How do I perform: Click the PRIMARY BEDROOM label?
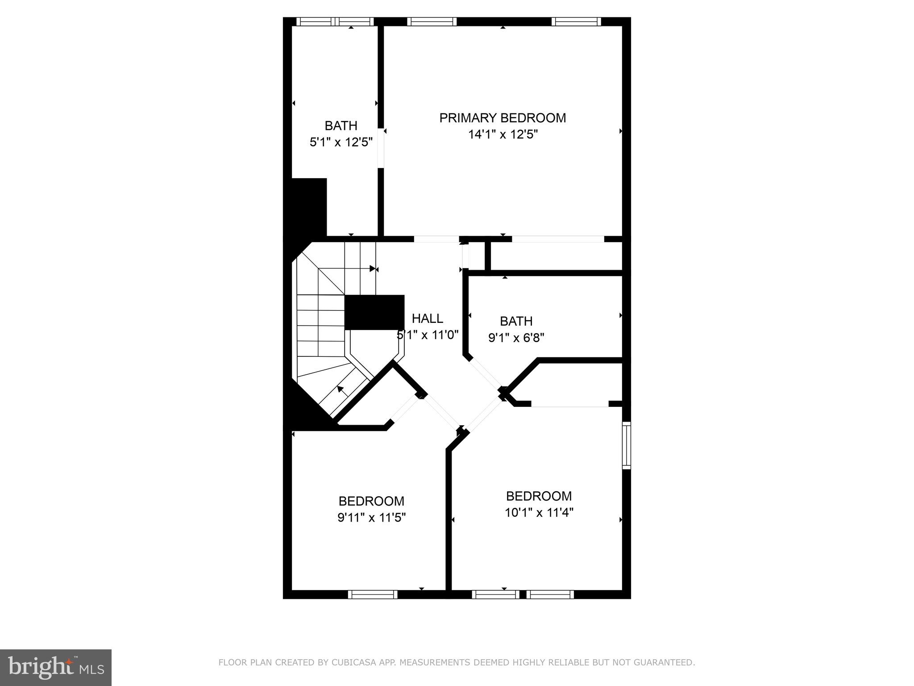tap(503, 118)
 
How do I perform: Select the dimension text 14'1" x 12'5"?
tap(503, 134)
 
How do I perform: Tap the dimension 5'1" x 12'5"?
tap(341, 142)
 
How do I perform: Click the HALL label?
tap(427, 318)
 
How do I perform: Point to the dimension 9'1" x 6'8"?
tap(516, 338)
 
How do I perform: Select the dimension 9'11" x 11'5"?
tap(371, 518)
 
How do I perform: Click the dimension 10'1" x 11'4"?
tap(539, 512)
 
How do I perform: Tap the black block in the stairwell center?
tap(374, 312)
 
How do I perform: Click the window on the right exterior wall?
tap(627, 445)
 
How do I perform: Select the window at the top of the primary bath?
tap(335, 21)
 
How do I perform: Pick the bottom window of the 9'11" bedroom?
tap(372, 594)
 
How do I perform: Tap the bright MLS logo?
tap(56, 667)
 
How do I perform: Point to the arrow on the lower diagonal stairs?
tap(341, 389)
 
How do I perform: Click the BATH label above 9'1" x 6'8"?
tap(516, 321)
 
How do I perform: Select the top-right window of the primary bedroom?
tap(576, 21)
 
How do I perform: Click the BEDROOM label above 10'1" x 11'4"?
tap(539, 496)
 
